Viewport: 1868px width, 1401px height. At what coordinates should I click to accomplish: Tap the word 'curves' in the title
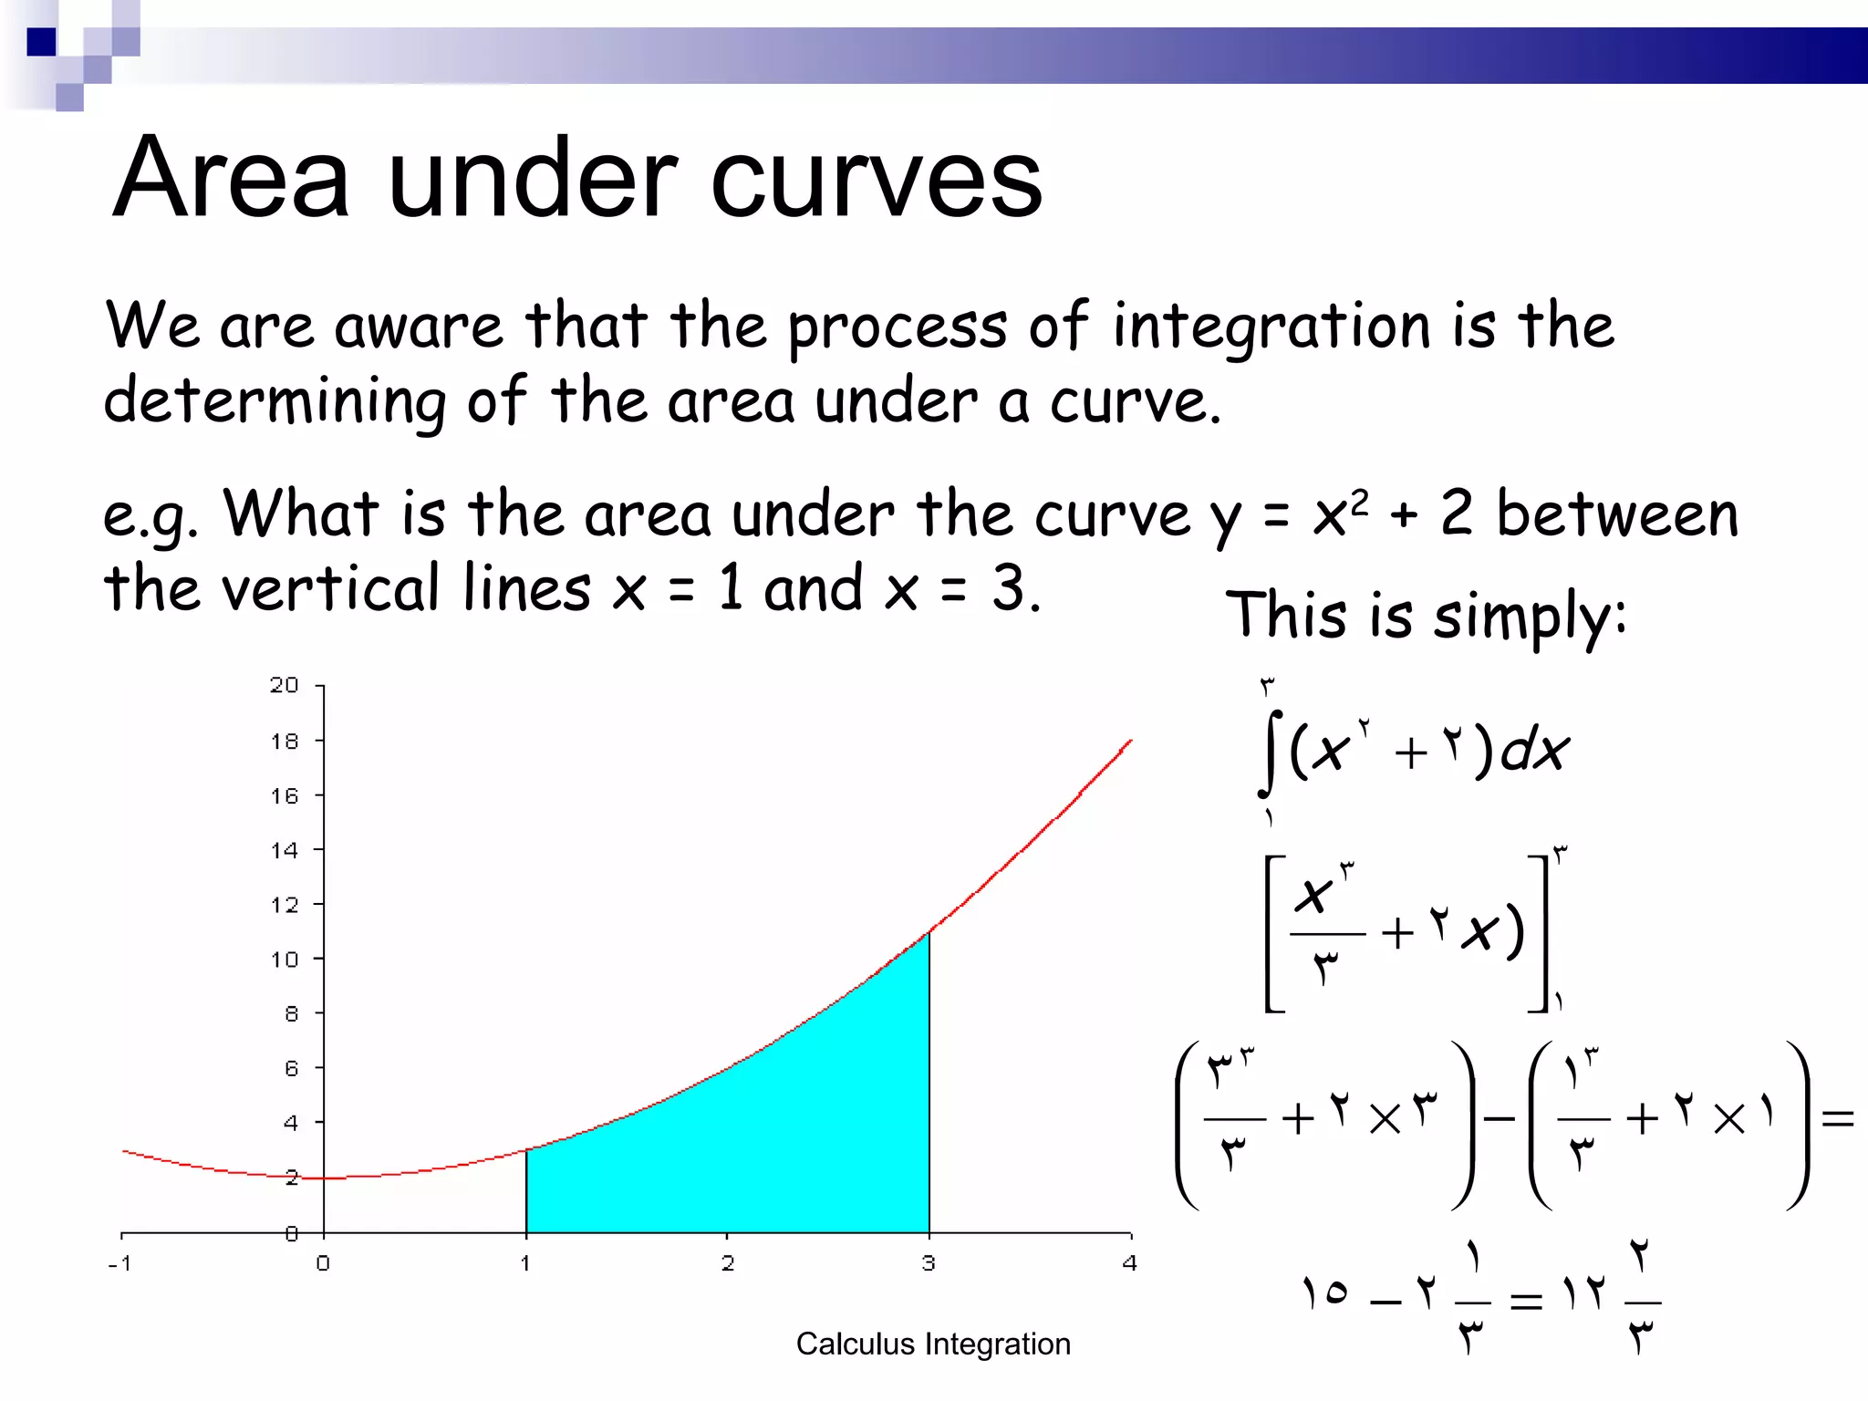pos(876,180)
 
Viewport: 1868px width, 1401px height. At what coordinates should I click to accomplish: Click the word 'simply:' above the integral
pos(1530,616)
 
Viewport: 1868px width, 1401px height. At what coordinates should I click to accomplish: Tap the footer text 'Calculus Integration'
pos(933,1344)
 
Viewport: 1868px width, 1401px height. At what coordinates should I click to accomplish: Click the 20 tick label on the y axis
pos(284,685)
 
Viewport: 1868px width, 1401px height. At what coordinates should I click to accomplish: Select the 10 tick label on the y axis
pos(284,959)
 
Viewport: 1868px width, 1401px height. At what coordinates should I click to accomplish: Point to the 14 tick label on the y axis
pos(284,850)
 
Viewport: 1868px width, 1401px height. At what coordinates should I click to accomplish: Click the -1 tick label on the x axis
pos(119,1263)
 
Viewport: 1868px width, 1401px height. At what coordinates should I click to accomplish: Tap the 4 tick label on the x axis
pos(1130,1263)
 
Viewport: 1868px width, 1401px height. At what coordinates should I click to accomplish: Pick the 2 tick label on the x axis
pos(727,1263)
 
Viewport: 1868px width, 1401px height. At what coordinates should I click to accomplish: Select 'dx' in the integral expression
pos(1534,752)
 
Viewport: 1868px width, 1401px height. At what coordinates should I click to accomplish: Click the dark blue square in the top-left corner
pos(41,42)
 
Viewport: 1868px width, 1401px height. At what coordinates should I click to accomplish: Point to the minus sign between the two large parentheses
pos(1499,1118)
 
